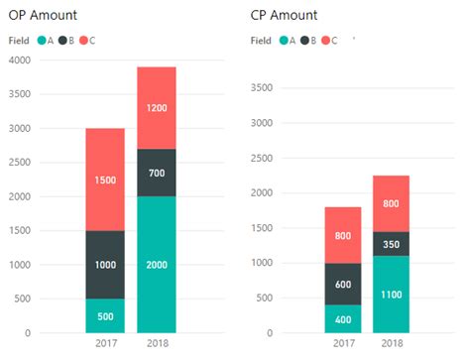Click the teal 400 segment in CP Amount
click(343, 318)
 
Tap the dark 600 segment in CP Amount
click(343, 284)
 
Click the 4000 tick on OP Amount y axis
click(20, 60)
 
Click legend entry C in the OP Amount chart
click(88, 41)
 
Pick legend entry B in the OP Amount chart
click(65, 41)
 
